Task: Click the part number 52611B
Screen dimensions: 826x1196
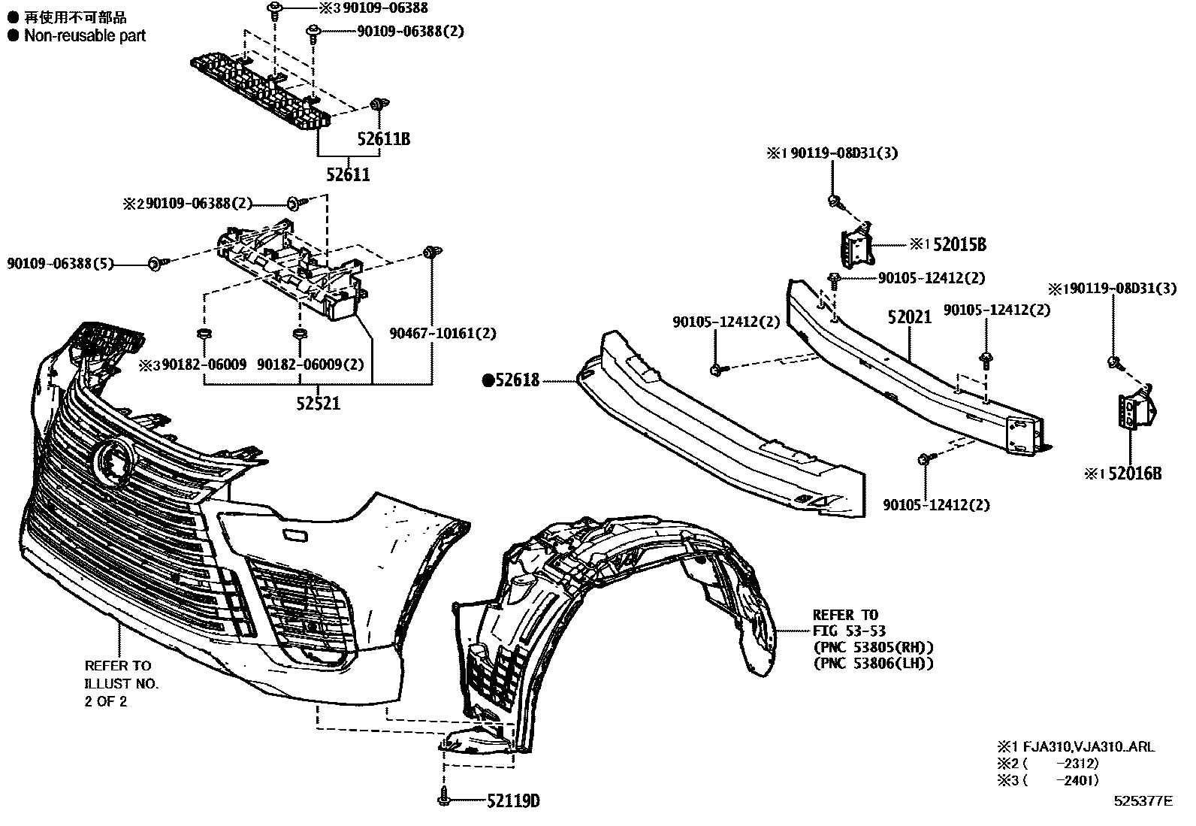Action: [x=383, y=140]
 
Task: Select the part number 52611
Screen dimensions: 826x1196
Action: [x=348, y=175]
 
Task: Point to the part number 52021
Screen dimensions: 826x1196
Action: [x=909, y=317]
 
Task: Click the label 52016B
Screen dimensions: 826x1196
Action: [x=1134, y=474]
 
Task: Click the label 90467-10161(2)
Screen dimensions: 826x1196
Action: [x=442, y=333]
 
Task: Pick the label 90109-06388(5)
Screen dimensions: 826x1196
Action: [x=60, y=264]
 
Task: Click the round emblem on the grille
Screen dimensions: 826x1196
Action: [x=113, y=460]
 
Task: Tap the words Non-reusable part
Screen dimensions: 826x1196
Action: [x=84, y=35]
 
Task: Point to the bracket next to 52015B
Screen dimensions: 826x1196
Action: [x=855, y=246]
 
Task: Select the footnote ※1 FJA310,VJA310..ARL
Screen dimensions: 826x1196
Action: [x=1076, y=748]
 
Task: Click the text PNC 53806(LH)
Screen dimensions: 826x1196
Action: [x=872, y=664]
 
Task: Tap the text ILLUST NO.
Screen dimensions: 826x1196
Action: [x=122, y=684]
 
